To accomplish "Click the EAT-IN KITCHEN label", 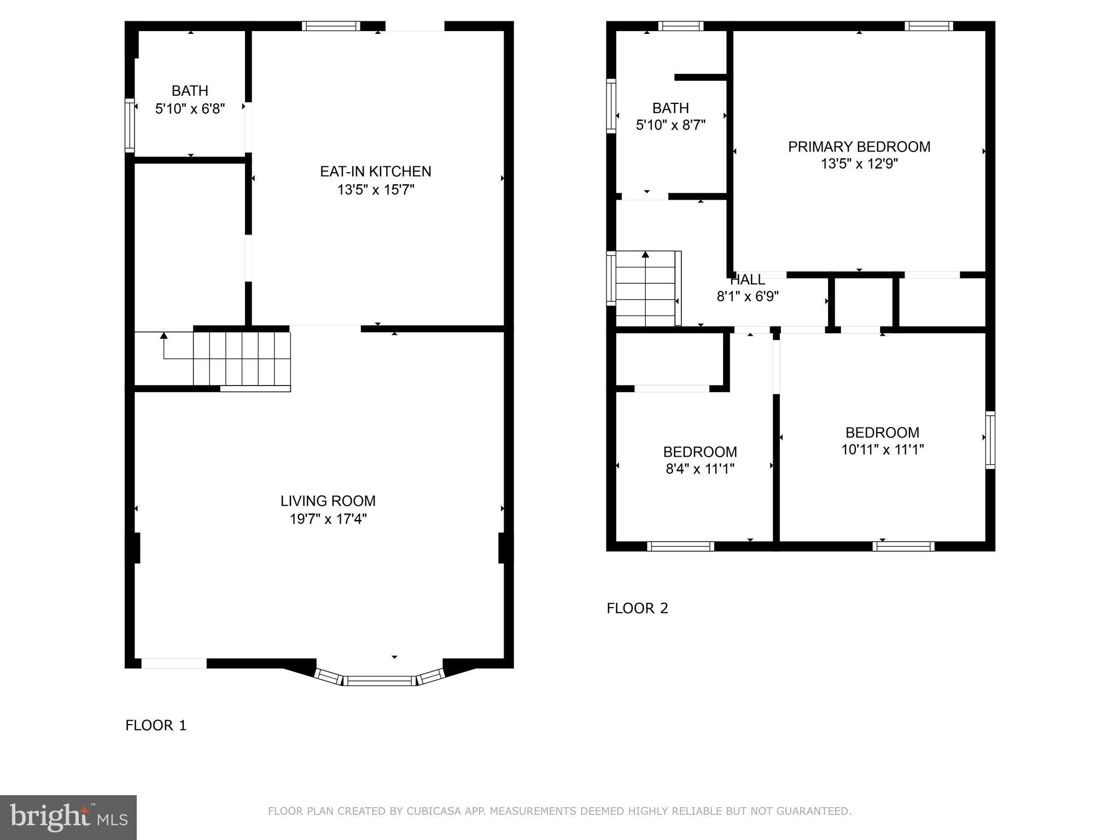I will pyautogui.click(x=375, y=172).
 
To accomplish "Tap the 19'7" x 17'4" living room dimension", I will pyautogui.click(x=328, y=518).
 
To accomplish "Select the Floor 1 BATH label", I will pyautogui.click(x=190, y=91).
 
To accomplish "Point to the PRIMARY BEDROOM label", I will pyautogui.click(x=859, y=147).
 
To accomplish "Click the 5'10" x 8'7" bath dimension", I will pyautogui.click(x=670, y=125).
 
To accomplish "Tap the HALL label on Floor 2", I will pyautogui.click(x=748, y=280).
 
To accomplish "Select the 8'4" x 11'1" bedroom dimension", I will pyautogui.click(x=700, y=469).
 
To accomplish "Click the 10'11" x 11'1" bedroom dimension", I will pyautogui.click(x=882, y=450).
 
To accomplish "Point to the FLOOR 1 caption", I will pyautogui.click(x=156, y=725).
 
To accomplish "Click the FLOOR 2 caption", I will pyautogui.click(x=637, y=608).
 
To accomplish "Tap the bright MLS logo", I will pyautogui.click(x=68, y=817).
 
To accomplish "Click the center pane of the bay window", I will pyautogui.click(x=380, y=681).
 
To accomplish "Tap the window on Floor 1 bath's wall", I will pyautogui.click(x=130, y=125).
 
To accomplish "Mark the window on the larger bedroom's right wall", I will pyautogui.click(x=990, y=440).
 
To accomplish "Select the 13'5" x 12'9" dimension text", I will pyautogui.click(x=859, y=164).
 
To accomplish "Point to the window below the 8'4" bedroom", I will pyautogui.click(x=680, y=546).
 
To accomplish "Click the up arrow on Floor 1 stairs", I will pyautogui.click(x=164, y=335).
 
